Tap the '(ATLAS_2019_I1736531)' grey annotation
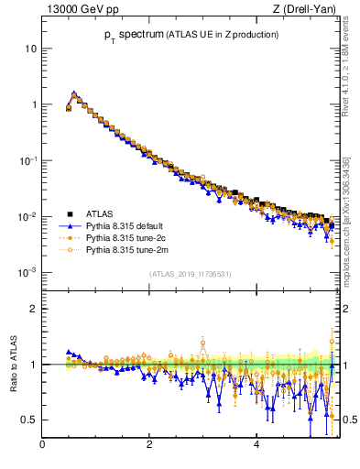190,274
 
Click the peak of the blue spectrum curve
73,93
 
